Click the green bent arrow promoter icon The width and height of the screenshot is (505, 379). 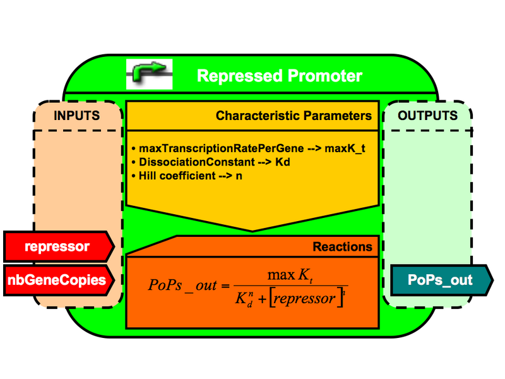click(149, 75)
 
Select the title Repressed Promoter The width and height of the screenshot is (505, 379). click(280, 76)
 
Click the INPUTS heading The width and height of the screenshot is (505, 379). click(76, 116)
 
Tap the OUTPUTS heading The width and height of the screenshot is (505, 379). click(428, 116)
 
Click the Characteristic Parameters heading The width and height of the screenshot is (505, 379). click(294, 116)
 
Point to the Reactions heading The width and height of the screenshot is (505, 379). click(342, 246)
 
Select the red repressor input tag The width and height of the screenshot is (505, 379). click(57, 246)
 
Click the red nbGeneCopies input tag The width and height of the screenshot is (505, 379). click(57, 280)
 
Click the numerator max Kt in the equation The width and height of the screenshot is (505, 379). click(288, 275)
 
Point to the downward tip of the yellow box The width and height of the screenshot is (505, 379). click(252, 230)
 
